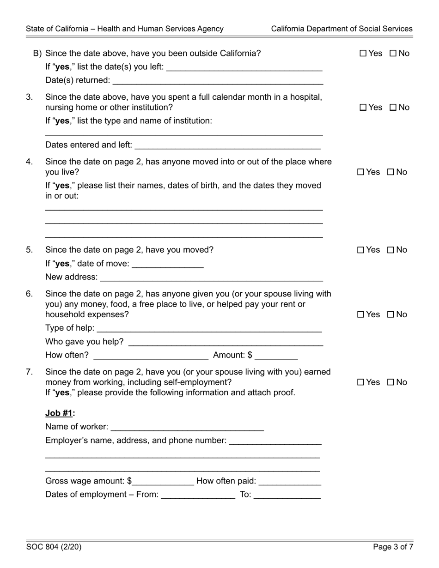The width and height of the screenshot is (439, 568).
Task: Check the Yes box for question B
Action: tap(363, 54)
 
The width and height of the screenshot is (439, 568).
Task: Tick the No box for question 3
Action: tap(393, 108)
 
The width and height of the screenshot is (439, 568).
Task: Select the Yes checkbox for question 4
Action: tap(361, 172)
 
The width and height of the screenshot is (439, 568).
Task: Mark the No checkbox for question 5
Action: tap(391, 250)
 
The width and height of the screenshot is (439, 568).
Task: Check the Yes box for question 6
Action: tap(361, 315)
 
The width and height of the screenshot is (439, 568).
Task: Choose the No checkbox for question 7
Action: tap(391, 382)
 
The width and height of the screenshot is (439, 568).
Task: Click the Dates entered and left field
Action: tap(227, 145)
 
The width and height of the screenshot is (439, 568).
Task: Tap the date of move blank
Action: tap(167, 264)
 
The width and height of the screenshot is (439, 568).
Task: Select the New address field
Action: tap(211, 277)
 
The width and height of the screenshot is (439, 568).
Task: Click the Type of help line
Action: tap(209, 328)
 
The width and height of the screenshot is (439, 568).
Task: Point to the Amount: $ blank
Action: tap(276, 355)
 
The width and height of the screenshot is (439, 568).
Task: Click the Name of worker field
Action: tap(187, 427)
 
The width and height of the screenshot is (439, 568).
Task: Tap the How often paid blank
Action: tap(290, 481)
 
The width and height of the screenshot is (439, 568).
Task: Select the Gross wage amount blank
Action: tap(163, 481)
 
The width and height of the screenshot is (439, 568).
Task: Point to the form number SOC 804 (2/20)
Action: tap(54, 547)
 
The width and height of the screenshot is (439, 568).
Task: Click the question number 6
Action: tap(30, 294)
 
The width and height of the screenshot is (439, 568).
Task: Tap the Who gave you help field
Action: tap(226, 342)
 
